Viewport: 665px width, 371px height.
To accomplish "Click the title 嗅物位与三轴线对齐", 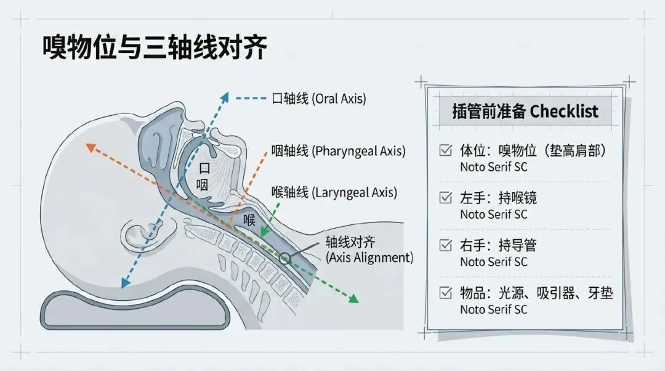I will click(155, 48).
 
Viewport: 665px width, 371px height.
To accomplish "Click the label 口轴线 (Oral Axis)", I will click(319, 98).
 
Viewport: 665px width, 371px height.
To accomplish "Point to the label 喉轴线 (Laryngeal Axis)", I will click(334, 192).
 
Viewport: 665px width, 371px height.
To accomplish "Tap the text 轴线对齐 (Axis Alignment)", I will click(369, 250).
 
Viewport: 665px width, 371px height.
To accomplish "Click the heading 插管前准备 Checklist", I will click(525, 112).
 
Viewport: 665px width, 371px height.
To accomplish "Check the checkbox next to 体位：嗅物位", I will click(445, 150).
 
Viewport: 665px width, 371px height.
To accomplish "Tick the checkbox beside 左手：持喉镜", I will click(445, 198).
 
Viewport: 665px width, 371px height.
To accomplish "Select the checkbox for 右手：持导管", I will click(445, 245).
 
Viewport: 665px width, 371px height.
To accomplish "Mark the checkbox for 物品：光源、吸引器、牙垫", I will click(445, 293).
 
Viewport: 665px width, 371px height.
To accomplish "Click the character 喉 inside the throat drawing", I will click(249, 220).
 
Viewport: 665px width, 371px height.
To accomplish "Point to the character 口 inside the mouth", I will click(204, 167).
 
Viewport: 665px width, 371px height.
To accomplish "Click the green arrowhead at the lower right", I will click(353, 300).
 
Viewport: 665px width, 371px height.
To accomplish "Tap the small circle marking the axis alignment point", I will click(285, 257).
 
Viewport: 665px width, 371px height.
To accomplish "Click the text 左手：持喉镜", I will click(499, 198).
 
